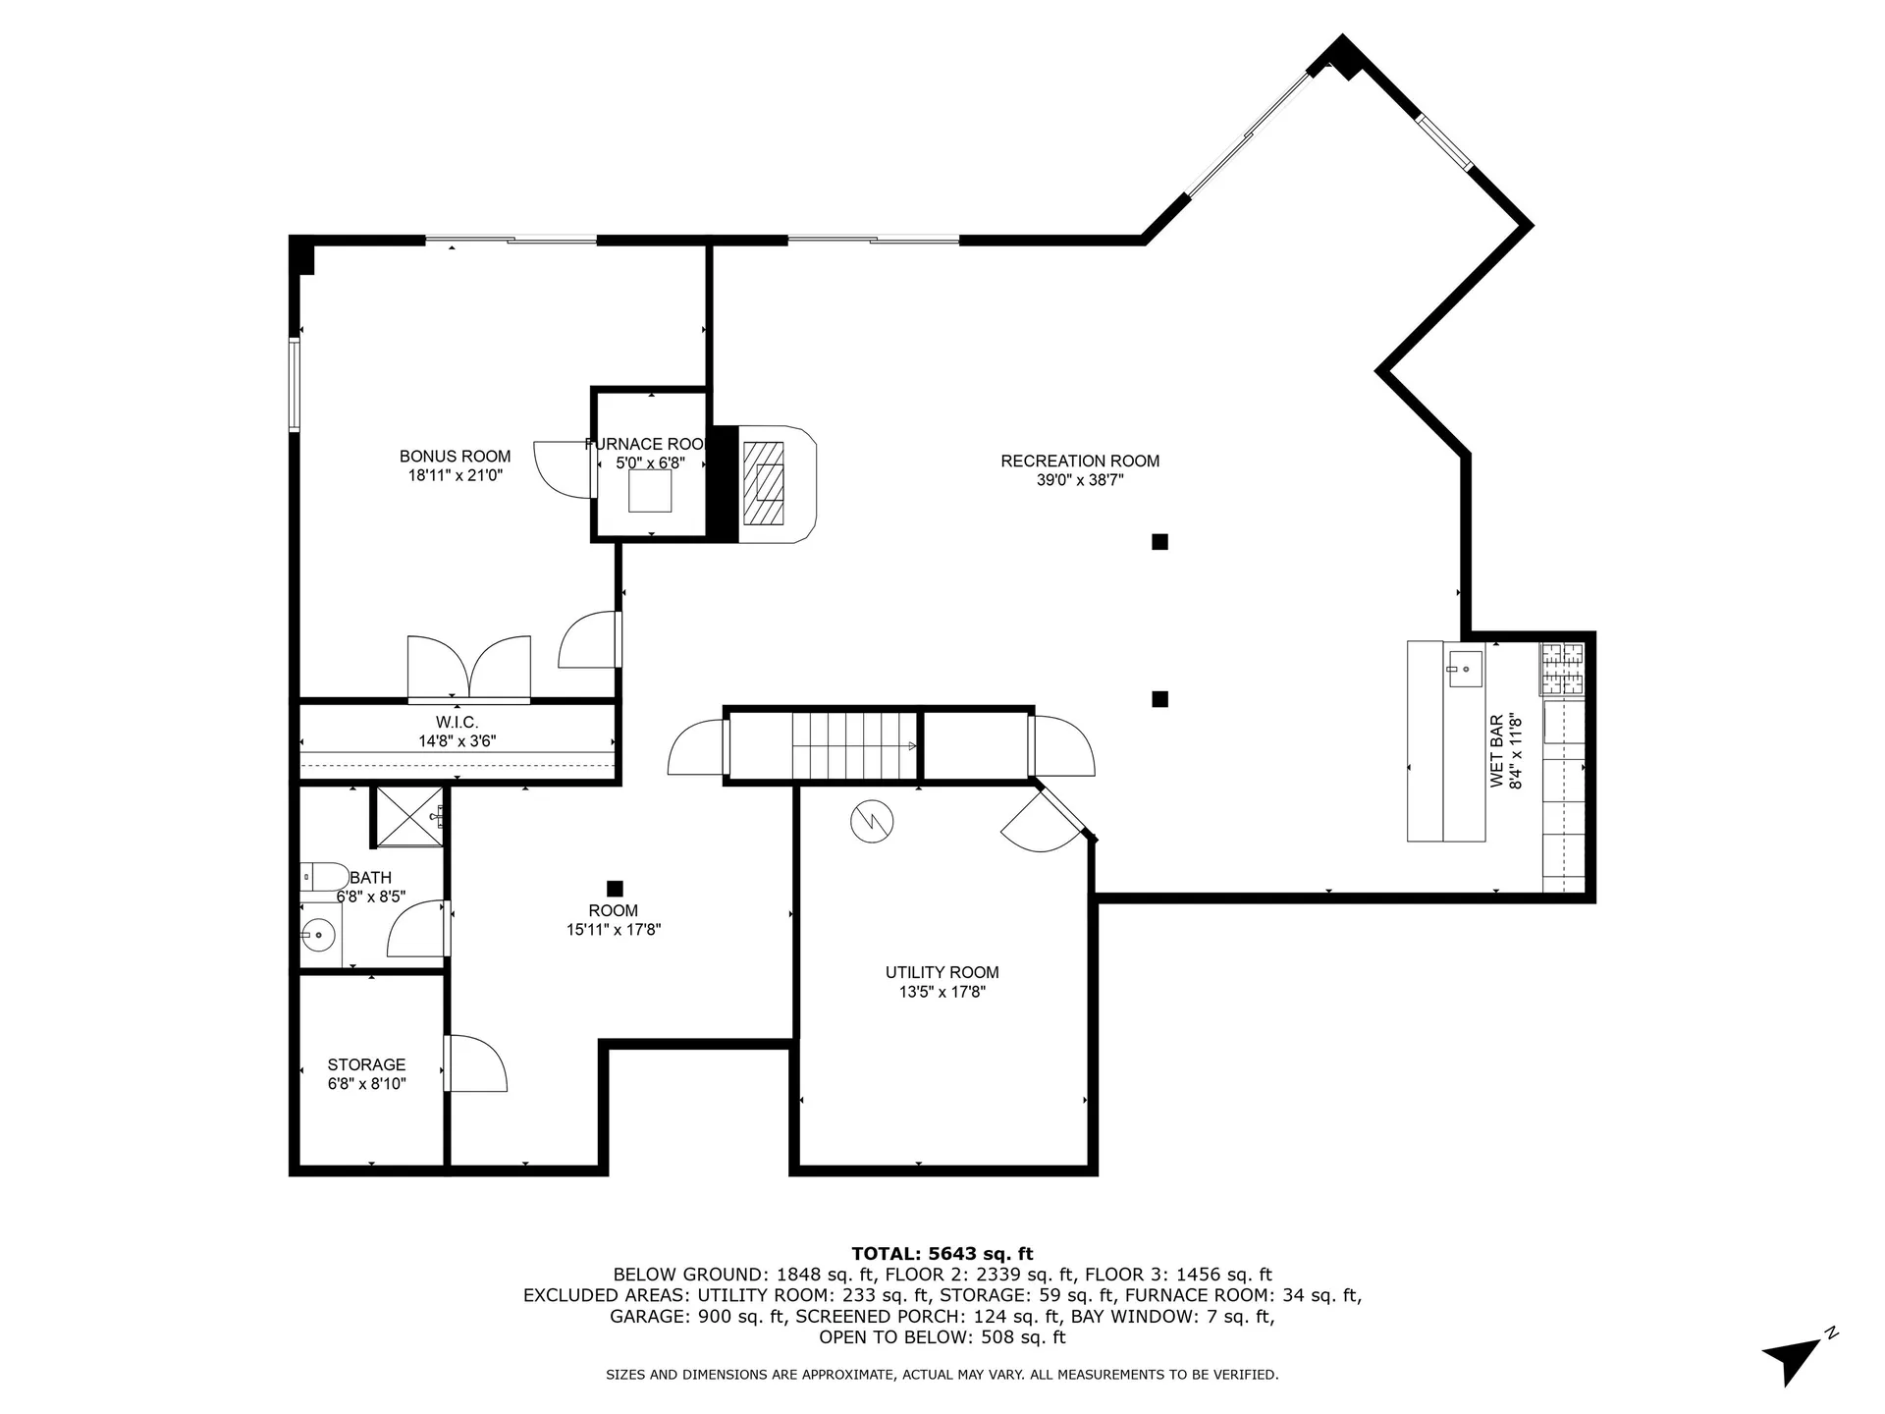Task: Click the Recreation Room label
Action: [x=1080, y=461]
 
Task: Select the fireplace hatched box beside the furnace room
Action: [x=764, y=483]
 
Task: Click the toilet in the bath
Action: [x=323, y=876]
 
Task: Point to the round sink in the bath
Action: [x=318, y=935]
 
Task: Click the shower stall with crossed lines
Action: [x=408, y=814]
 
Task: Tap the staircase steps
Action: [x=854, y=745]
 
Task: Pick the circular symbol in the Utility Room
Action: [x=872, y=822]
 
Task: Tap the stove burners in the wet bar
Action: [x=1561, y=668]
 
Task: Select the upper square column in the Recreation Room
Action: [x=1159, y=541]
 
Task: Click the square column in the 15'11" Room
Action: [x=615, y=889]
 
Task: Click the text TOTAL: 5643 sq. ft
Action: [x=942, y=1253]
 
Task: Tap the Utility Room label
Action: [x=942, y=972]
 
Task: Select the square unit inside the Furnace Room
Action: [x=650, y=491]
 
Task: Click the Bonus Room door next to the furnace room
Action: [x=566, y=469]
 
